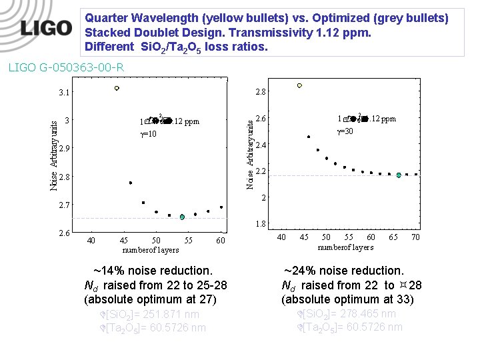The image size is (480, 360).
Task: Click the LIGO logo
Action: tap(46, 28)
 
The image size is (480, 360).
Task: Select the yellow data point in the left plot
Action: tap(117, 87)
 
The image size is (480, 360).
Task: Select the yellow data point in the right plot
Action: tap(299, 85)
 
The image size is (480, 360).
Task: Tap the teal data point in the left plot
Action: tap(182, 217)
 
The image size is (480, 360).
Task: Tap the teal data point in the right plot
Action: tap(399, 175)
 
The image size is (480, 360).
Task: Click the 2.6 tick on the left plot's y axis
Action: tap(65, 232)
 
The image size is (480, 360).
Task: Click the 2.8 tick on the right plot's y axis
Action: tap(261, 91)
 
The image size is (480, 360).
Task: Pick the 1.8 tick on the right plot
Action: tap(261, 224)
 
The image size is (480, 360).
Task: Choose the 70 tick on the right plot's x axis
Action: tap(415, 237)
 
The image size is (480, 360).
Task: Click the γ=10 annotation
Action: tap(148, 133)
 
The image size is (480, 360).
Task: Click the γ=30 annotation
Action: tap(345, 131)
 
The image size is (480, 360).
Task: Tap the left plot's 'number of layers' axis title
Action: tap(151, 249)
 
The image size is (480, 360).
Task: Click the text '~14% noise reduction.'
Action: tap(153, 271)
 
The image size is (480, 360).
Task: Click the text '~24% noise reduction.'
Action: tap(343, 271)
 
